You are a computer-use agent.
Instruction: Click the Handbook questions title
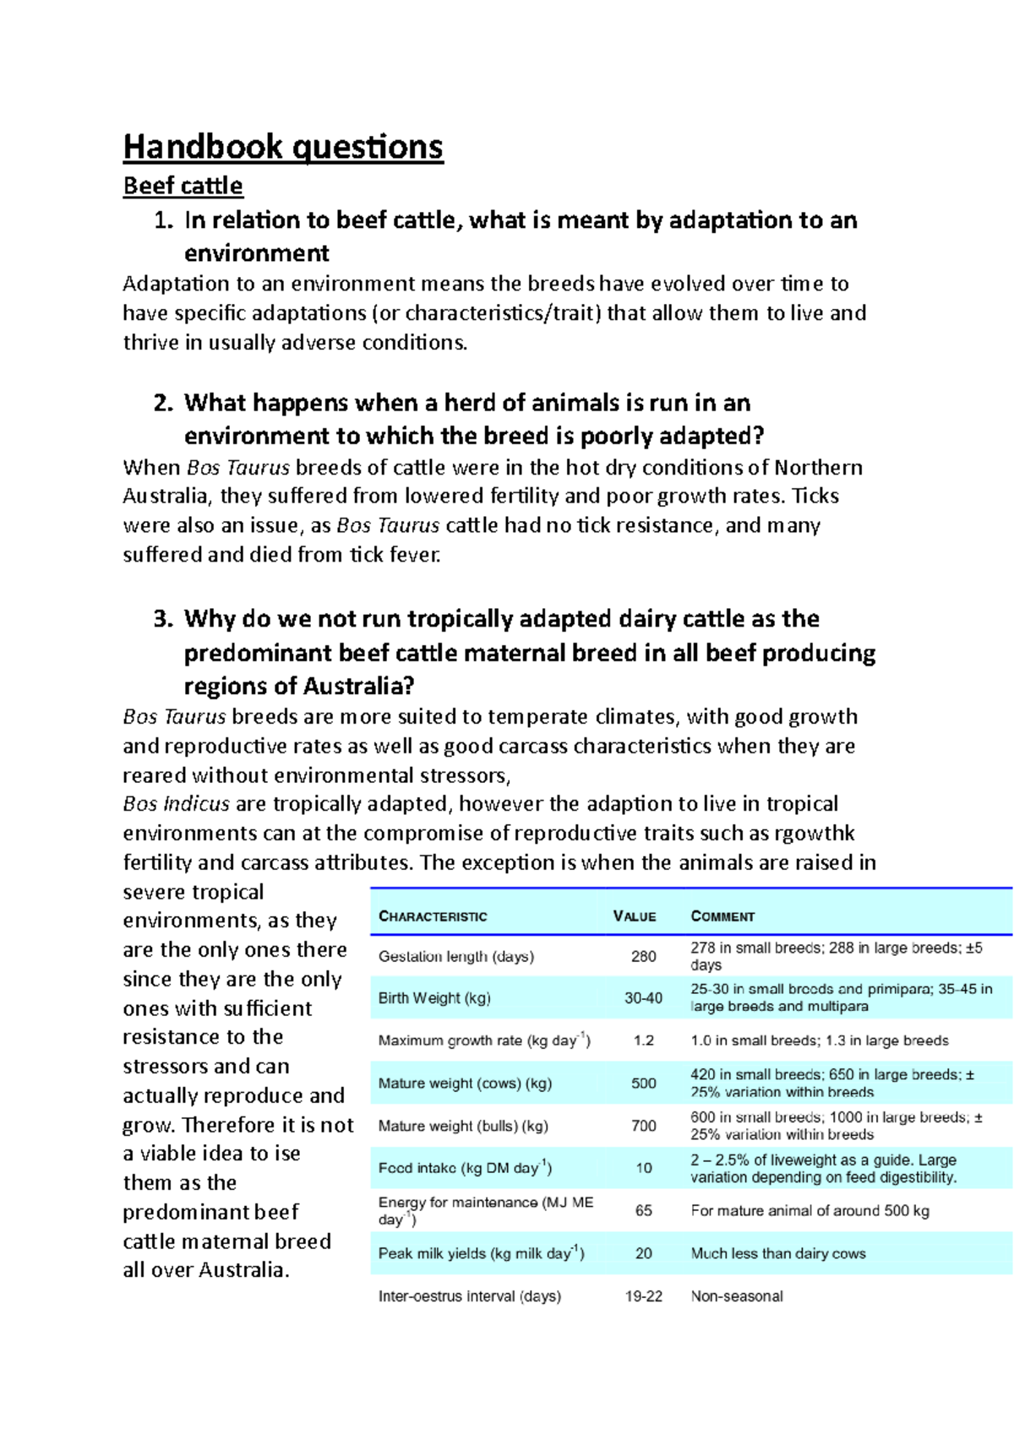(283, 147)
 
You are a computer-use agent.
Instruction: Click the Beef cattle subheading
(183, 186)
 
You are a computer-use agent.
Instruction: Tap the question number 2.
(163, 403)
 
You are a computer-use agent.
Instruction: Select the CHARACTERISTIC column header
(433, 916)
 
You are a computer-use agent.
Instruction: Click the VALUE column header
(635, 916)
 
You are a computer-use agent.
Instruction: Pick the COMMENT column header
(722, 916)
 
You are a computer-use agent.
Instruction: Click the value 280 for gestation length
(643, 956)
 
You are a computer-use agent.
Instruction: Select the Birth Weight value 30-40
(643, 998)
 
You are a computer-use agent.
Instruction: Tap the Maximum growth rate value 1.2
(643, 1040)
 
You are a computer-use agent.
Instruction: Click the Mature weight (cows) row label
(465, 1084)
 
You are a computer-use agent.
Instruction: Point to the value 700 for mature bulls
(643, 1126)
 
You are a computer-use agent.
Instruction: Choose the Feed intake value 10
(643, 1168)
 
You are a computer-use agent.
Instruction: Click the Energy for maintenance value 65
(643, 1210)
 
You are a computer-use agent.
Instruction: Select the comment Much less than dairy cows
(777, 1253)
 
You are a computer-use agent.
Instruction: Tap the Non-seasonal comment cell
(736, 1296)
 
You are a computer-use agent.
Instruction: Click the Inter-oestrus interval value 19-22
(643, 1296)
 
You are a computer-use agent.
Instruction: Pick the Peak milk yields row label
(481, 1253)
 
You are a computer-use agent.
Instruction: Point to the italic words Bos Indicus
(176, 804)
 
